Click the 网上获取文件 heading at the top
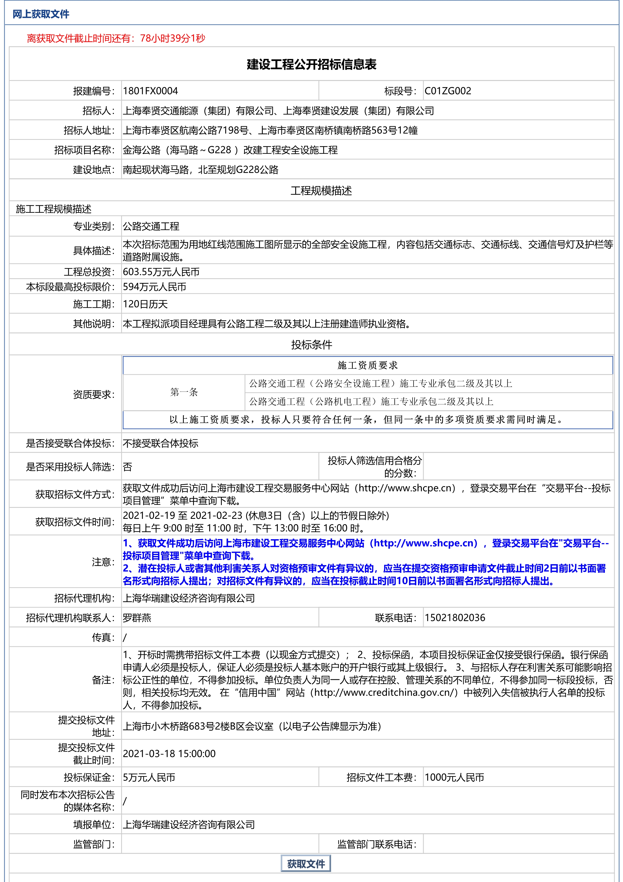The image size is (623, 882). point(41,14)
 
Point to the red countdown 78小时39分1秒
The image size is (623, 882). point(172,38)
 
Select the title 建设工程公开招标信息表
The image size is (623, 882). point(311,65)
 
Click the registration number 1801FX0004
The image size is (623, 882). point(151,91)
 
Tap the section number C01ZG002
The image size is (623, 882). point(448,91)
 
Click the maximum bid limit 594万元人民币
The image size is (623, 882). point(154,287)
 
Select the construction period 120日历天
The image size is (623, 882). point(145,304)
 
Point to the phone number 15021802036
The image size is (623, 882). point(455,618)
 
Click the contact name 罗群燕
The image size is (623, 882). point(137,618)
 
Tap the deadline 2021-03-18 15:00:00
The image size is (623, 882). point(169,754)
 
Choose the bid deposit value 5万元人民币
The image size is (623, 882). point(149,778)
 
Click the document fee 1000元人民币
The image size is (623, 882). point(454,778)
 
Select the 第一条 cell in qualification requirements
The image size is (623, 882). point(184,392)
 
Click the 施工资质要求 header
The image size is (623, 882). point(368,365)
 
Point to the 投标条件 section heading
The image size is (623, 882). point(311,345)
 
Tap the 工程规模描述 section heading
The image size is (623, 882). point(321,191)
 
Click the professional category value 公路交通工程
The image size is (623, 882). point(151,226)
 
